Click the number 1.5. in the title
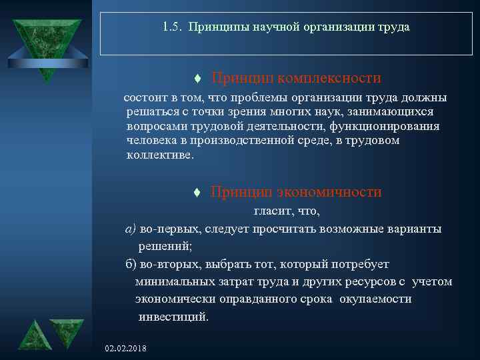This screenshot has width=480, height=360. (x=173, y=28)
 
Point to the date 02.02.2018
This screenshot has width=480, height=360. (x=126, y=349)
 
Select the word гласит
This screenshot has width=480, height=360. (x=269, y=211)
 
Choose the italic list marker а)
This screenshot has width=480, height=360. (x=131, y=229)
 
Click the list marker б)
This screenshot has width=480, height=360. (x=131, y=263)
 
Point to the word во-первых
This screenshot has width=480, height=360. (x=167, y=229)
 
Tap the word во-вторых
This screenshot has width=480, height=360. (x=167, y=263)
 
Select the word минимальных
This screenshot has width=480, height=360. (x=170, y=281)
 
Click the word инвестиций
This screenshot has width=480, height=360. (x=173, y=316)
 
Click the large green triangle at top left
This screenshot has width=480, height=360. (x=46, y=44)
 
